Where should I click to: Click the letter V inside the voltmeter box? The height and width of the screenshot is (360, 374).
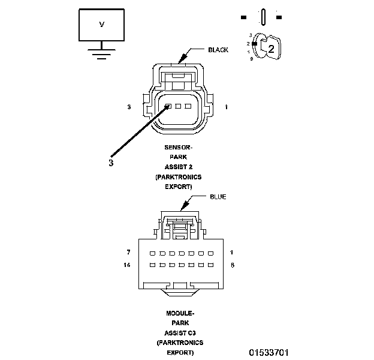coord(101,24)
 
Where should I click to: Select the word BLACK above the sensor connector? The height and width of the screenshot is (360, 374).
coord(218,50)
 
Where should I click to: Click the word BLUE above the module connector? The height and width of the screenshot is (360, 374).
coord(218,197)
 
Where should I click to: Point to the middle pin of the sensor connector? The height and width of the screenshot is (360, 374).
coord(179,106)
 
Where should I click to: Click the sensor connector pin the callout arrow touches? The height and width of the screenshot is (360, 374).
coord(169,106)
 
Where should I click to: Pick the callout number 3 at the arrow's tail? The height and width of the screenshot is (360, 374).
coord(111,162)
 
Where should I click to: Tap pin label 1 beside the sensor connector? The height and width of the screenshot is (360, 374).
coord(226,107)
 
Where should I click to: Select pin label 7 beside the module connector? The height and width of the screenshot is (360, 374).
coord(128,252)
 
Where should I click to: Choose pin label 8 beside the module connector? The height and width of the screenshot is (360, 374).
coord(232,265)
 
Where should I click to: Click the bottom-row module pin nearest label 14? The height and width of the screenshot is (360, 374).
coord(152,265)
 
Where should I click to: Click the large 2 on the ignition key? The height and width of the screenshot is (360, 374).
coord(271,50)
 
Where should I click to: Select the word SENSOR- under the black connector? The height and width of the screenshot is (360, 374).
coord(180,148)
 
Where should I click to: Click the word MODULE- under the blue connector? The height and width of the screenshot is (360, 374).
coord(180,313)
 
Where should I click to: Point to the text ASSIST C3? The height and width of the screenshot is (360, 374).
coord(180,332)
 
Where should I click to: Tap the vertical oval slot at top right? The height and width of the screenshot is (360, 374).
coord(263,16)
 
